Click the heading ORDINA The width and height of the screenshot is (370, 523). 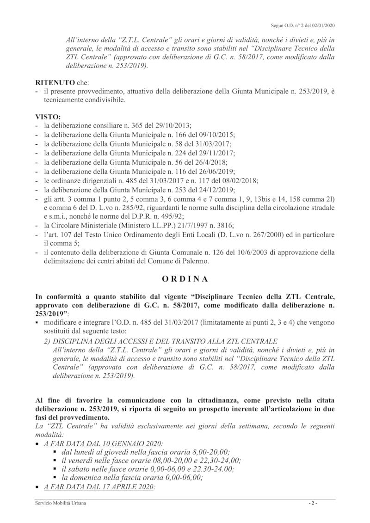point(185,279)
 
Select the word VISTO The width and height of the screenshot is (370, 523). point(48,117)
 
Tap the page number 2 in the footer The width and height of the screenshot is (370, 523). point(313,503)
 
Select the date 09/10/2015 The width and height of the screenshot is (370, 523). point(218,135)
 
